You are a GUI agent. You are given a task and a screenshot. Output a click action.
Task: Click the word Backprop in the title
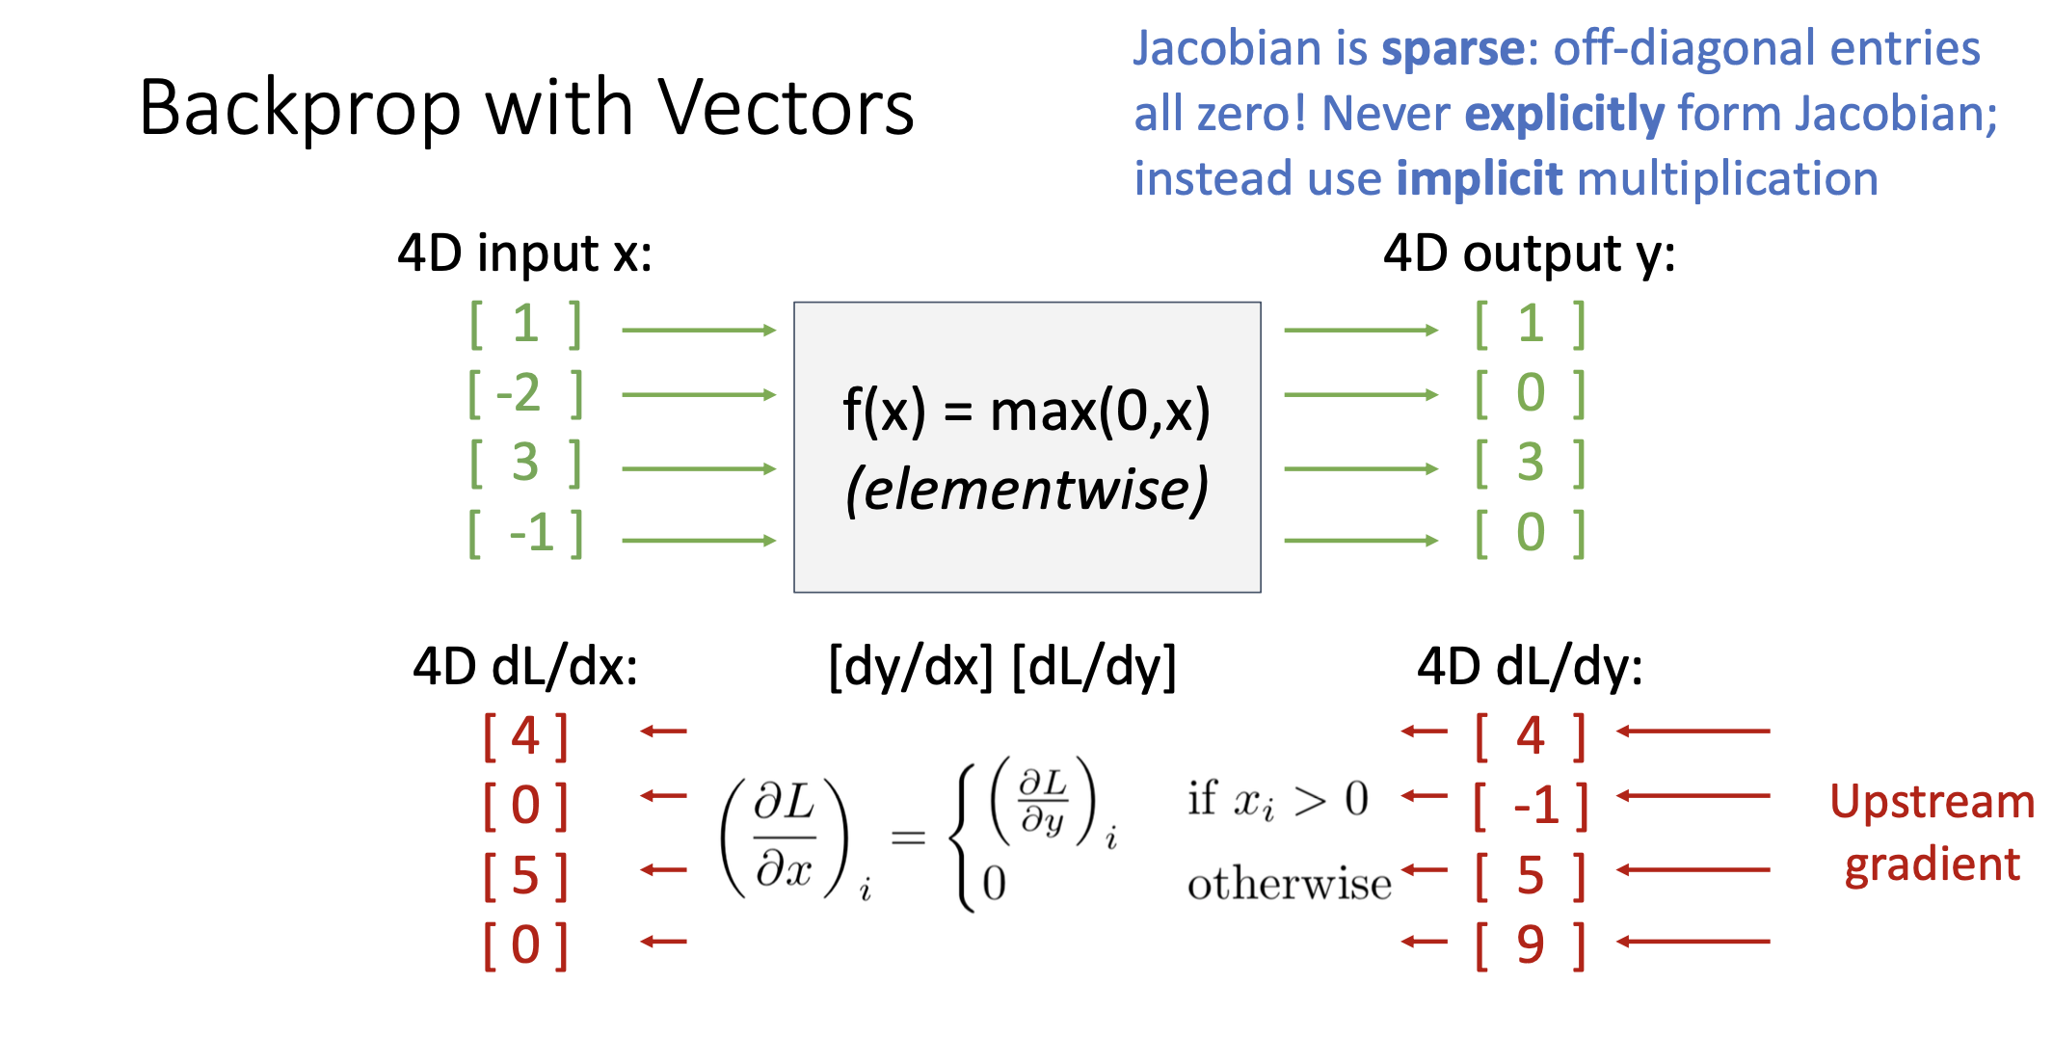tap(300, 108)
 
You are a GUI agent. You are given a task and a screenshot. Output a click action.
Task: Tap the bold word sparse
tap(1453, 49)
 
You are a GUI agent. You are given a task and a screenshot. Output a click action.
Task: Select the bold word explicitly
tap(1563, 115)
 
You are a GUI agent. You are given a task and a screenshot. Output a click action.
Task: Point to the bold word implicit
tap(1479, 179)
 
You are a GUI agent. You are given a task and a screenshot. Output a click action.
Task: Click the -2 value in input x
tap(519, 393)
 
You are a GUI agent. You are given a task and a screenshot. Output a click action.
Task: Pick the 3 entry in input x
tap(525, 463)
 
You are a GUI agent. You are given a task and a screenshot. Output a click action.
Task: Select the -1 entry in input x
tap(532, 532)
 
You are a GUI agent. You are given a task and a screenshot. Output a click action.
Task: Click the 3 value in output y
tap(1531, 463)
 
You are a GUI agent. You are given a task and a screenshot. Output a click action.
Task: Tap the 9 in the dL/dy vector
tap(1531, 944)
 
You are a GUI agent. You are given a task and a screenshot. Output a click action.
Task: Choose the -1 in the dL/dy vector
tap(1536, 805)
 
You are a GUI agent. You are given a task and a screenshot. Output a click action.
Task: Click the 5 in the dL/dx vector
tap(525, 875)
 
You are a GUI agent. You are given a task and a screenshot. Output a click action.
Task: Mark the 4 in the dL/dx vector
tap(525, 736)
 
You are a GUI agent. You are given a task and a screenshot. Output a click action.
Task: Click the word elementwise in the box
tap(1027, 490)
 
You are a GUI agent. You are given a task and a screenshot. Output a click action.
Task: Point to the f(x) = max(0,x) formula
tap(1026, 412)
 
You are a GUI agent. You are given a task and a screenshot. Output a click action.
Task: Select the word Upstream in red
tap(1932, 803)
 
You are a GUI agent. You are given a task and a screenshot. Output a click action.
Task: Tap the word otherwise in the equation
tap(1289, 884)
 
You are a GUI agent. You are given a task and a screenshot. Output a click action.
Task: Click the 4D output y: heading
tap(1529, 254)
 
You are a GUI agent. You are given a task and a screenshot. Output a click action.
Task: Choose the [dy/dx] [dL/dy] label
tap(1002, 666)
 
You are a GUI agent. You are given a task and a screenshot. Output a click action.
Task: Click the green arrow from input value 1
tap(699, 331)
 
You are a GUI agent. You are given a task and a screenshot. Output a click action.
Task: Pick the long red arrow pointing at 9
tap(1693, 942)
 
